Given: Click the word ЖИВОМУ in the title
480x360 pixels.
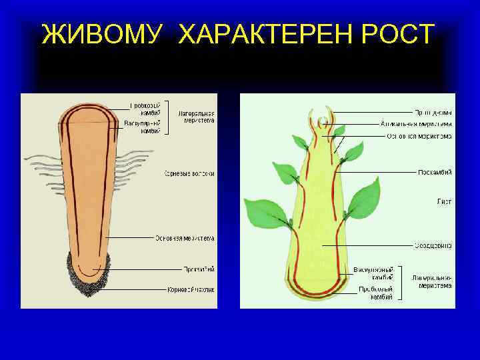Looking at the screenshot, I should [x=102, y=34].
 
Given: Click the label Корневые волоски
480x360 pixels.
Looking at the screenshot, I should [x=189, y=174].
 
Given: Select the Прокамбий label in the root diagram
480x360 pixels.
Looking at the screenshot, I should [x=199, y=269].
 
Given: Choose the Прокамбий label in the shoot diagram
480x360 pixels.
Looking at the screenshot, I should [x=434, y=172].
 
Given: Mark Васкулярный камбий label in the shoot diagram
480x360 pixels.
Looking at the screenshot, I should [x=373, y=273].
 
